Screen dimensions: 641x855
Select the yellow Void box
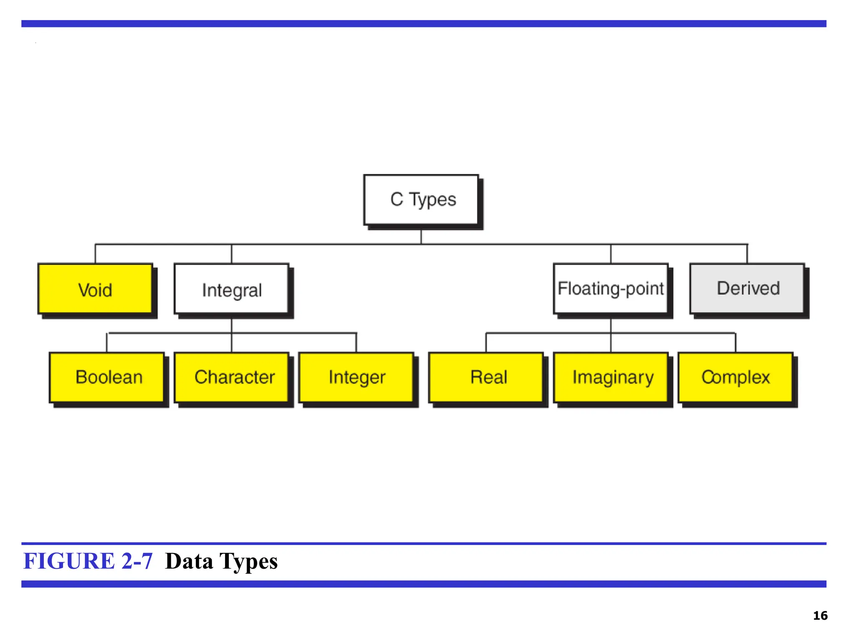pos(95,289)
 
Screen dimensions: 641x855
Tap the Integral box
pos(232,289)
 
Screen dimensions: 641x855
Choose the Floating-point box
pos(610,289)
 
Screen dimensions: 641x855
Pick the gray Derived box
pos(747,288)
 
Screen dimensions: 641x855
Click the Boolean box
pos(107,377)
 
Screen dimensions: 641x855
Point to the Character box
pos(232,377)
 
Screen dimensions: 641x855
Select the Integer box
pos(357,377)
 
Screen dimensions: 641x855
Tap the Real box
pos(486,377)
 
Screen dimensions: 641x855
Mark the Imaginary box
pos(611,377)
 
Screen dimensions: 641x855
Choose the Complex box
pos(736,377)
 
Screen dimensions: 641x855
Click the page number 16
pos(820,616)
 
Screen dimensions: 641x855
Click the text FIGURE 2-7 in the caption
pos(88,561)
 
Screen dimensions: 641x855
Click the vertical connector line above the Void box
pos(95,254)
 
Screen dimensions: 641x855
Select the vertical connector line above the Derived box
pos(747,254)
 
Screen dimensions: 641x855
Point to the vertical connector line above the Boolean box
pos(107,343)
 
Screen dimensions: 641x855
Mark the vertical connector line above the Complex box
pos(736,343)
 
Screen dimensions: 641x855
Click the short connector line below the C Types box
pos(421,237)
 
